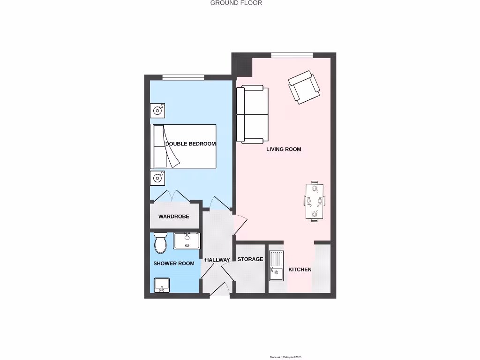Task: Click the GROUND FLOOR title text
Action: click(236, 3)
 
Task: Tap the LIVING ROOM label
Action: click(284, 149)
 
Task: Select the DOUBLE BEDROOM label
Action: click(190, 144)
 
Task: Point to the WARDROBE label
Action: click(173, 217)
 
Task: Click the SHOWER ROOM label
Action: click(173, 263)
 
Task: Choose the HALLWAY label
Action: click(217, 260)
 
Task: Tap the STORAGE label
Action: click(250, 259)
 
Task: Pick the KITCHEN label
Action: click(300, 270)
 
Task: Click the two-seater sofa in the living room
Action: click(252, 114)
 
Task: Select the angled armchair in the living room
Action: click(304, 87)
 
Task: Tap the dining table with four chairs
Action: click(314, 202)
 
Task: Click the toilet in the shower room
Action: click(160, 242)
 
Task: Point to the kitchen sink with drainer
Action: click(276, 266)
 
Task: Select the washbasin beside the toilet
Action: click(187, 241)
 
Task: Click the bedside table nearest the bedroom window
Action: click(157, 111)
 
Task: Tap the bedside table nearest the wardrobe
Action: click(157, 178)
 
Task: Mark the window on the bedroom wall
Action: click(183, 77)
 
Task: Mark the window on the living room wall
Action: click(292, 55)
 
